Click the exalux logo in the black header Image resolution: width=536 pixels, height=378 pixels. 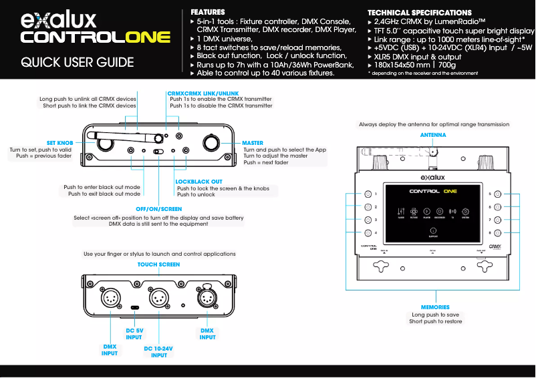(59, 21)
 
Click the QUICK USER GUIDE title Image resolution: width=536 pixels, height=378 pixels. (77, 63)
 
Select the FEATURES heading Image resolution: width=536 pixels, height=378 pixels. (208, 12)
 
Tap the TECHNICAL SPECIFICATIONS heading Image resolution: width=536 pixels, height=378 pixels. (419, 13)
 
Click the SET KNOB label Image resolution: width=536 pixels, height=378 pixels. (60, 143)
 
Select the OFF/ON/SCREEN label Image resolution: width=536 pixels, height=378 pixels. (158, 209)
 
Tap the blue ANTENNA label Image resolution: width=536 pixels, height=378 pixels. (433, 135)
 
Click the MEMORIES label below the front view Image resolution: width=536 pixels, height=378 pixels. (435, 307)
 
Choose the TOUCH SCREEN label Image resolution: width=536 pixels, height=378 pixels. (158, 264)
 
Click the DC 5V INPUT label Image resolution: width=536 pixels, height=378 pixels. (134, 334)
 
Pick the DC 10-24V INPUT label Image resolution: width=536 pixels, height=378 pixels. (158, 352)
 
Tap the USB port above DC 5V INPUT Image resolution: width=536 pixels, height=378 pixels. (135, 308)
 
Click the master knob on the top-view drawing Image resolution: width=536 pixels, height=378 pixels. (212, 143)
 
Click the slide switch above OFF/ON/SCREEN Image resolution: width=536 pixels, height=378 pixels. (158, 152)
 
